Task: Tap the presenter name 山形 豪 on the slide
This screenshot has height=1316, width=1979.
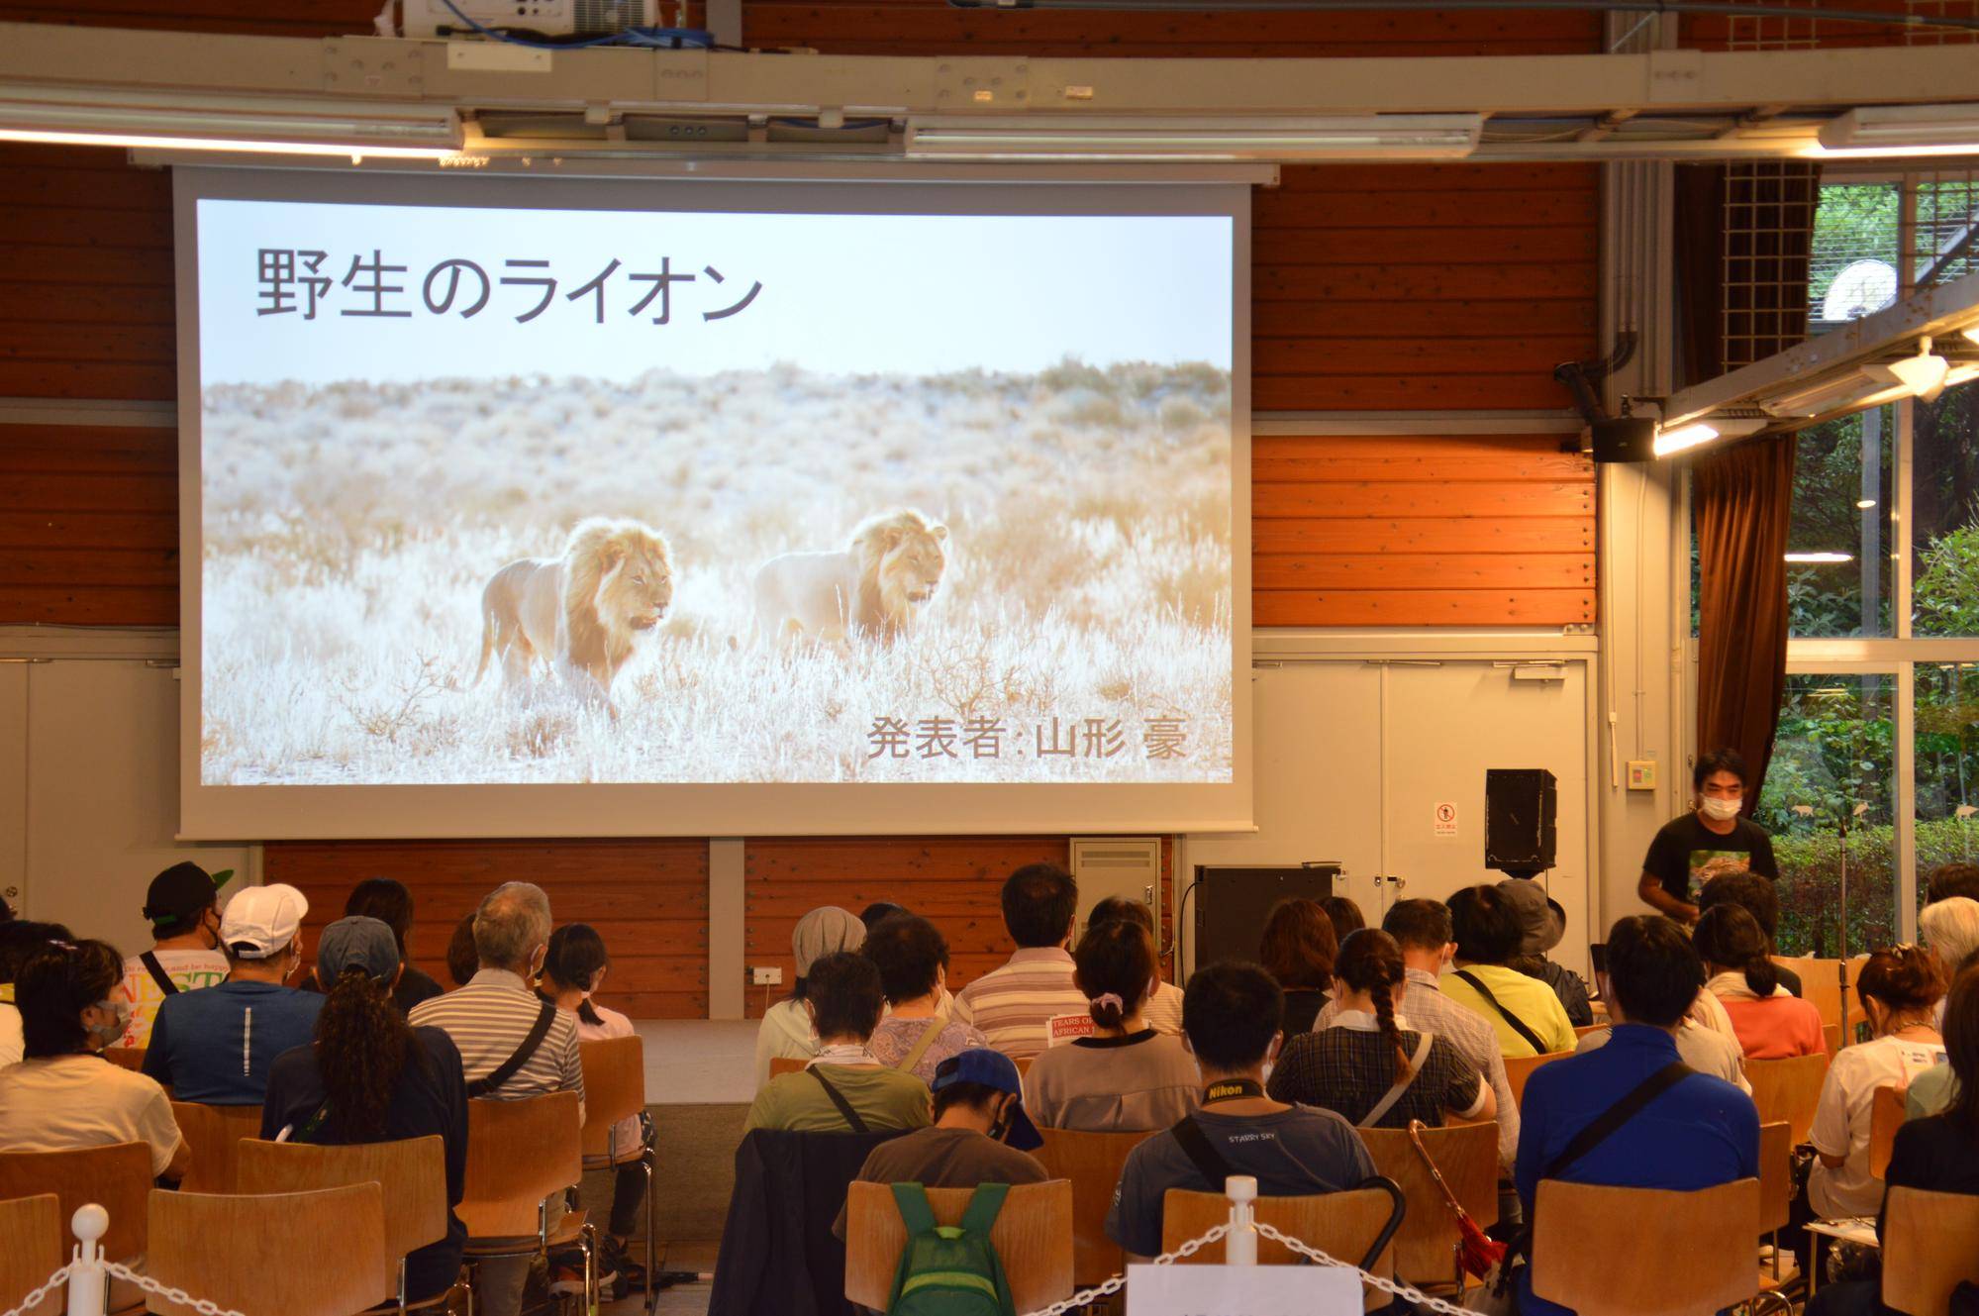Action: [x=1110, y=738]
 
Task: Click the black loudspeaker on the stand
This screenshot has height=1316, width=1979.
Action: [x=1520, y=820]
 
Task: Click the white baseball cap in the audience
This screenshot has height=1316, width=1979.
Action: [x=262, y=916]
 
